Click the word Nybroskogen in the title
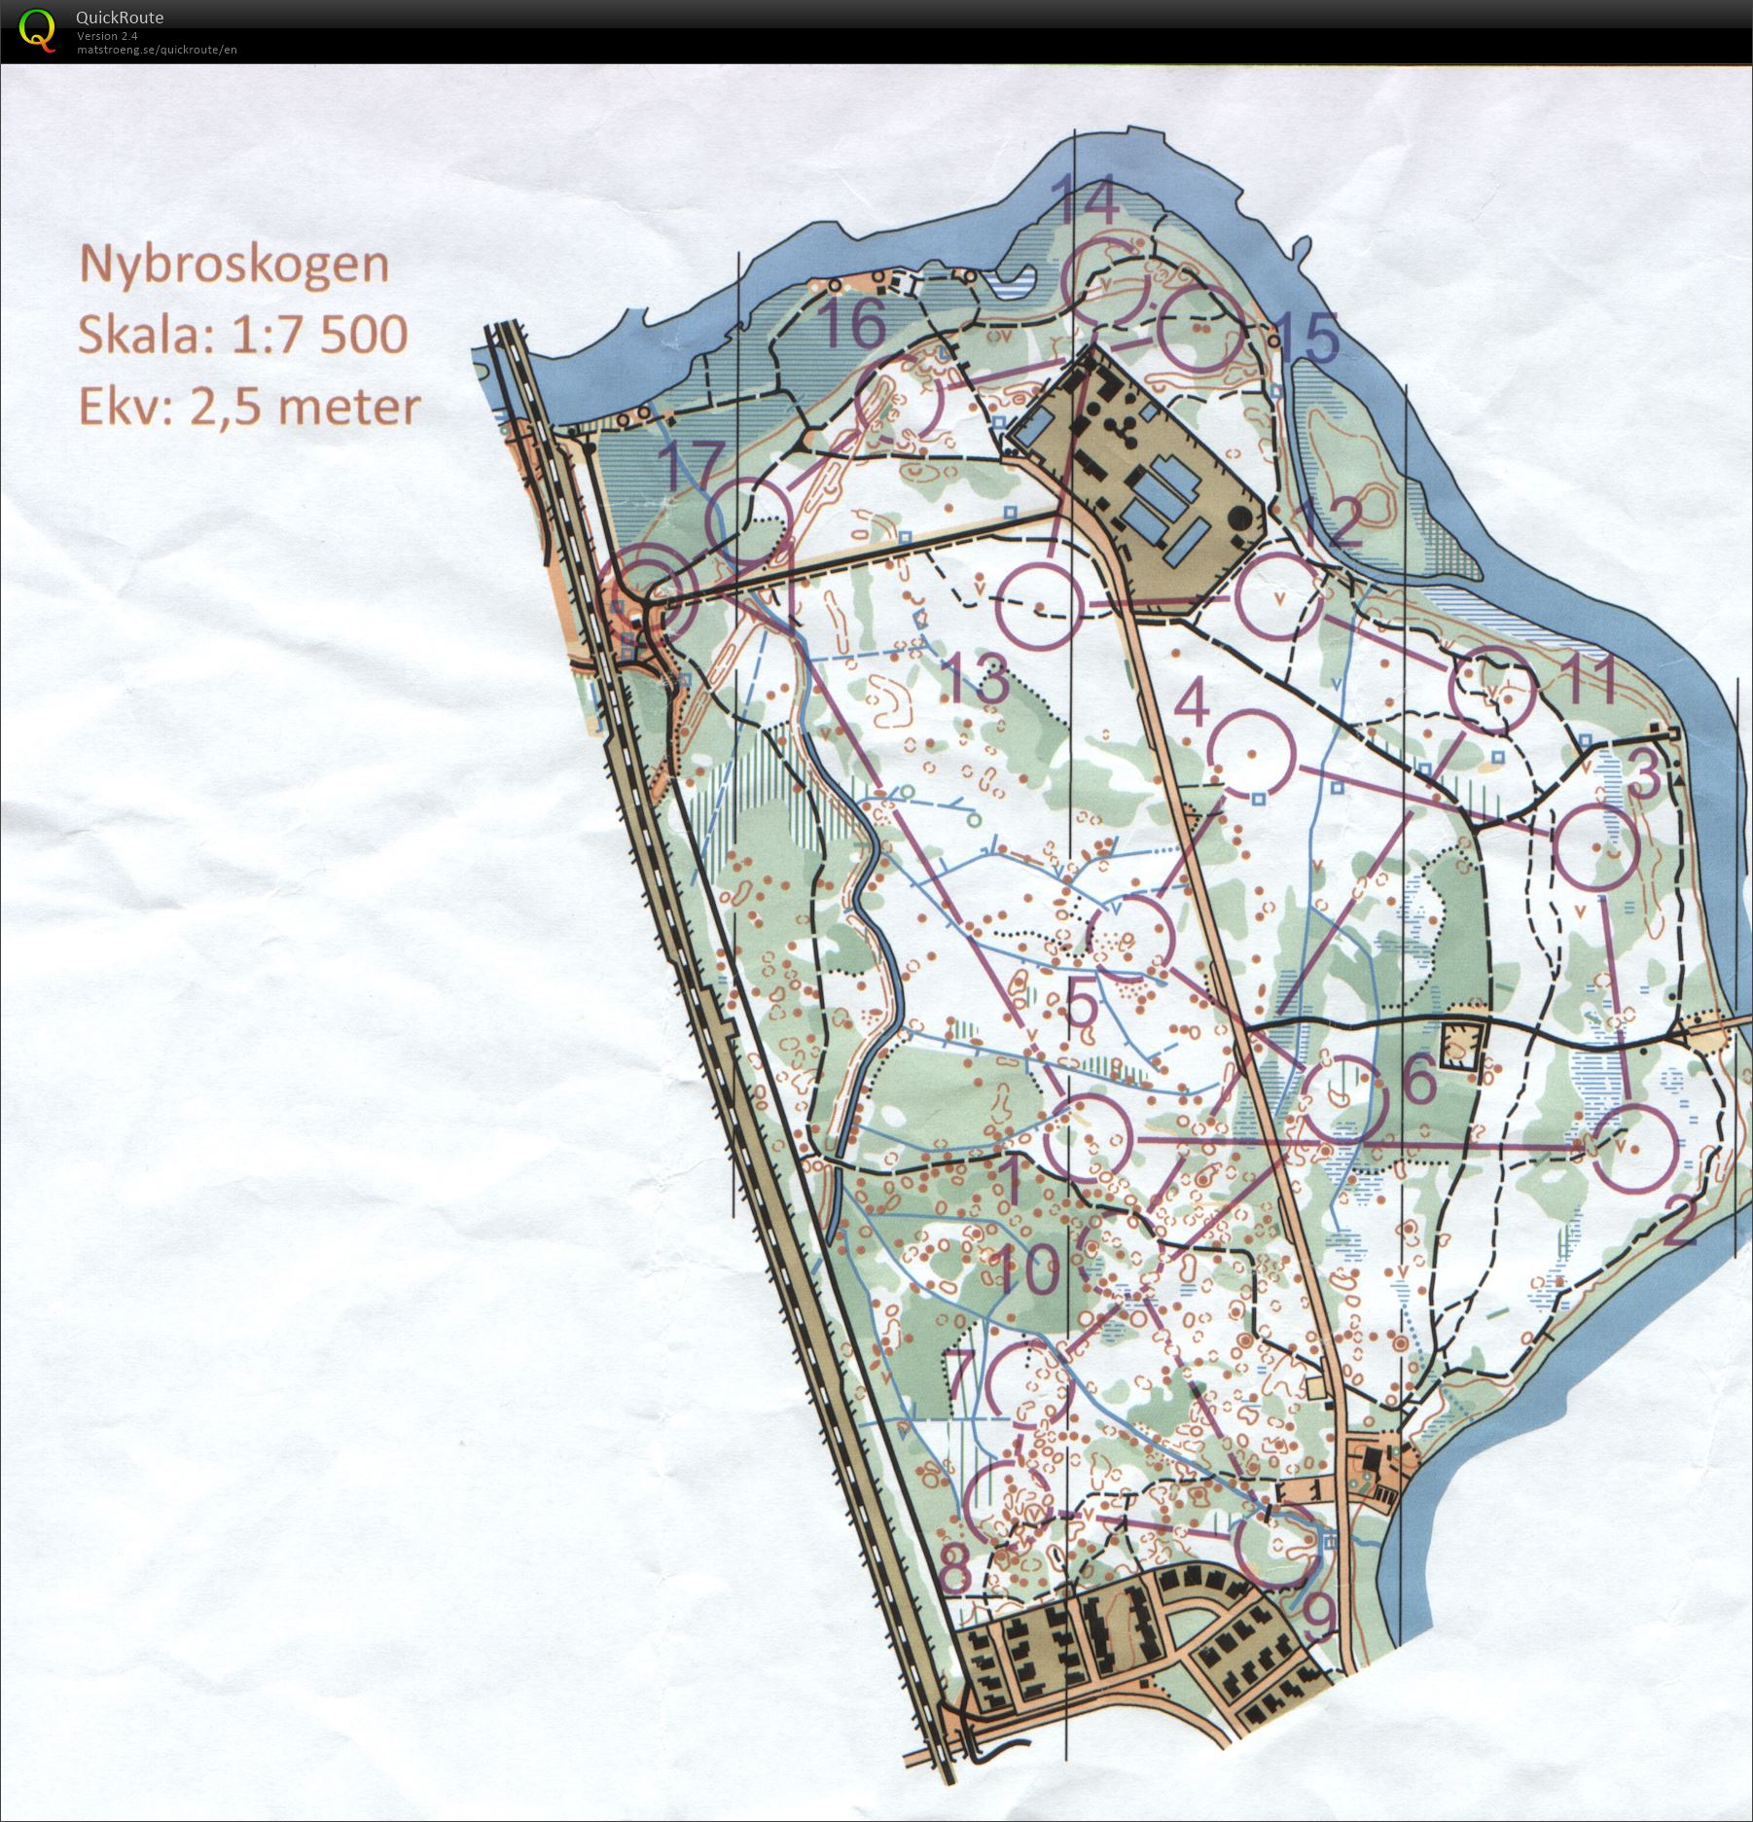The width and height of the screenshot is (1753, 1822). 233,265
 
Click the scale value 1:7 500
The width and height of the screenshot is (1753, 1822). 319,335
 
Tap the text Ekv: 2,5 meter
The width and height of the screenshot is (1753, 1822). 249,407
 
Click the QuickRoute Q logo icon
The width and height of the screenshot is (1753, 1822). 37,29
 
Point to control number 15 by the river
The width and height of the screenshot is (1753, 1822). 1306,337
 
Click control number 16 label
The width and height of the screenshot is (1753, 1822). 853,324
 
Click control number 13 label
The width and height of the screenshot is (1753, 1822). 977,678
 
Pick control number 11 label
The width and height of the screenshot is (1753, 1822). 1591,678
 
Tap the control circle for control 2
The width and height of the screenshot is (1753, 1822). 1635,1147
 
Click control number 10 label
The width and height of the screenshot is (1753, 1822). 1027,1270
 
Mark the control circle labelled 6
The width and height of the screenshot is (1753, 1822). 1343,1098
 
